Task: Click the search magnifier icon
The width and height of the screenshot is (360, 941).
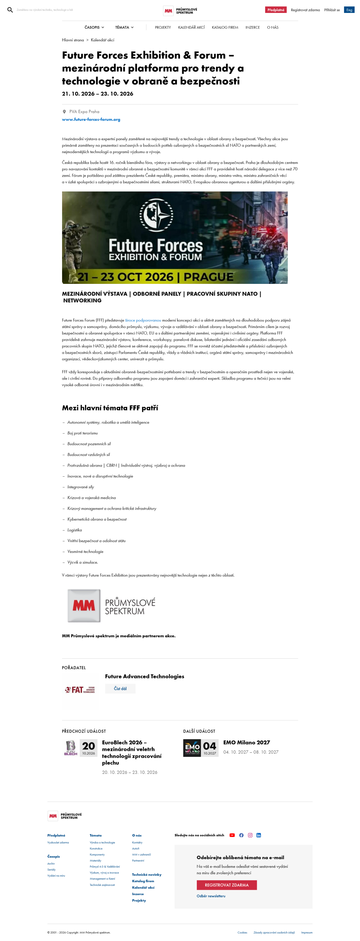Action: [10, 10]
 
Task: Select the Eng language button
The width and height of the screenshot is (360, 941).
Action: [349, 10]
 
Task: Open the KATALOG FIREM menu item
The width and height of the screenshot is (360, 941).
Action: [225, 27]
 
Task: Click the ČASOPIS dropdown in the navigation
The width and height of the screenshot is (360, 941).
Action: [94, 27]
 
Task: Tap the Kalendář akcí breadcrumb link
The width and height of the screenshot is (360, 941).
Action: [102, 40]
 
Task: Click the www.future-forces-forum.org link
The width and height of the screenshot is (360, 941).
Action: [91, 119]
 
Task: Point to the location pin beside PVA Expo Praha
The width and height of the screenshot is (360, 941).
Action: [64, 112]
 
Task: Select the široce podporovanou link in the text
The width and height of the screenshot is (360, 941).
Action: [143, 320]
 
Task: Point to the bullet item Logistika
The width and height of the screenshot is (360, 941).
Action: [75, 530]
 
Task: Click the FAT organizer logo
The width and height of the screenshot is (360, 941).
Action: [80, 690]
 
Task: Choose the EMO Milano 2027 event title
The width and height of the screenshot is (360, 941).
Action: [246, 742]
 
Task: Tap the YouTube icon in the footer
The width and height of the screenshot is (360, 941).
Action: [232, 835]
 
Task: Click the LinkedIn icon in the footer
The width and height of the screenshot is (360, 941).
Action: [258, 835]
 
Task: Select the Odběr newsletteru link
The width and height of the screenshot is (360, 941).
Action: [211, 896]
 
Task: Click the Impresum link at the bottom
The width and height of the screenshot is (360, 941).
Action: [307, 932]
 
